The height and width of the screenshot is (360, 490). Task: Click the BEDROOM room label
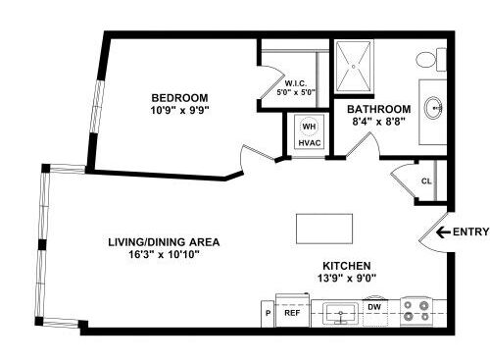click(x=179, y=97)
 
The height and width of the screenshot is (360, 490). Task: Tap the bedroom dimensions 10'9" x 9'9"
click(x=179, y=111)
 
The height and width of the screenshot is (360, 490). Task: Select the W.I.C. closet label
click(x=297, y=82)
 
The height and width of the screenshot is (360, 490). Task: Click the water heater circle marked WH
click(x=309, y=127)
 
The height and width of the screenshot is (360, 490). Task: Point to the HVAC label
click(x=309, y=143)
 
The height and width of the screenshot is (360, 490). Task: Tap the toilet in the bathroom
click(x=427, y=61)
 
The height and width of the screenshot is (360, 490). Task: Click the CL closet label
click(x=427, y=180)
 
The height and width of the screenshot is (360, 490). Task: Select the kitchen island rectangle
click(x=325, y=231)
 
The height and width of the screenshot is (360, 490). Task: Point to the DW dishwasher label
click(x=373, y=307)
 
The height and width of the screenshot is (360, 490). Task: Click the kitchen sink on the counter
click(x=340, y=313)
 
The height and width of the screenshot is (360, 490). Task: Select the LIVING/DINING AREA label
click(x=163, y=241)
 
